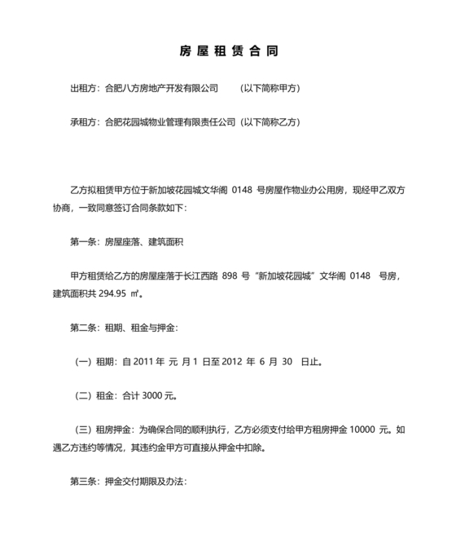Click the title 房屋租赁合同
tap(228, 51)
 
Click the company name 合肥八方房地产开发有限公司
tap(163, 86)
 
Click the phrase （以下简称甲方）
tap(271, 86)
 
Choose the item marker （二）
tap(84, 397)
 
